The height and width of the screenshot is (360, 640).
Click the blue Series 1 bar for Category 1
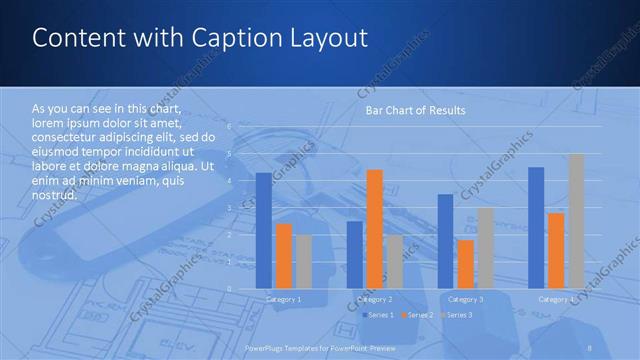point(264,231)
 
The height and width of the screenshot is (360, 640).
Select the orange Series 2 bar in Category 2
point(375,229)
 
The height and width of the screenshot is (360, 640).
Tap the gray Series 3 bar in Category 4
point(576,221)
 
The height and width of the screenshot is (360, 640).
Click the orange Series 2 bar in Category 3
point(466,264)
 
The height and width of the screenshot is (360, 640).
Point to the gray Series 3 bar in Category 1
point(304,262)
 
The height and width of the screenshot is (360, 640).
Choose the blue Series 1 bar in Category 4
point(536,228)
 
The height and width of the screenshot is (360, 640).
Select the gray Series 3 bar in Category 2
point(395,262)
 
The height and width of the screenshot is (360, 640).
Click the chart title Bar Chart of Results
point(415,109)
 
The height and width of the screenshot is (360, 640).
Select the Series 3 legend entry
point(459,315)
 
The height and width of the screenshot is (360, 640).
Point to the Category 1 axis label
point(284,299)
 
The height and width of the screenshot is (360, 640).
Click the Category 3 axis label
point(466,299)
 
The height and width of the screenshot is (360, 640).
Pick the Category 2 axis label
point(375,299)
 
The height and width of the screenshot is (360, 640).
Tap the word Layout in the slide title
point(331,38)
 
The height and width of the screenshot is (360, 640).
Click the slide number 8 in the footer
point(590,346)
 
